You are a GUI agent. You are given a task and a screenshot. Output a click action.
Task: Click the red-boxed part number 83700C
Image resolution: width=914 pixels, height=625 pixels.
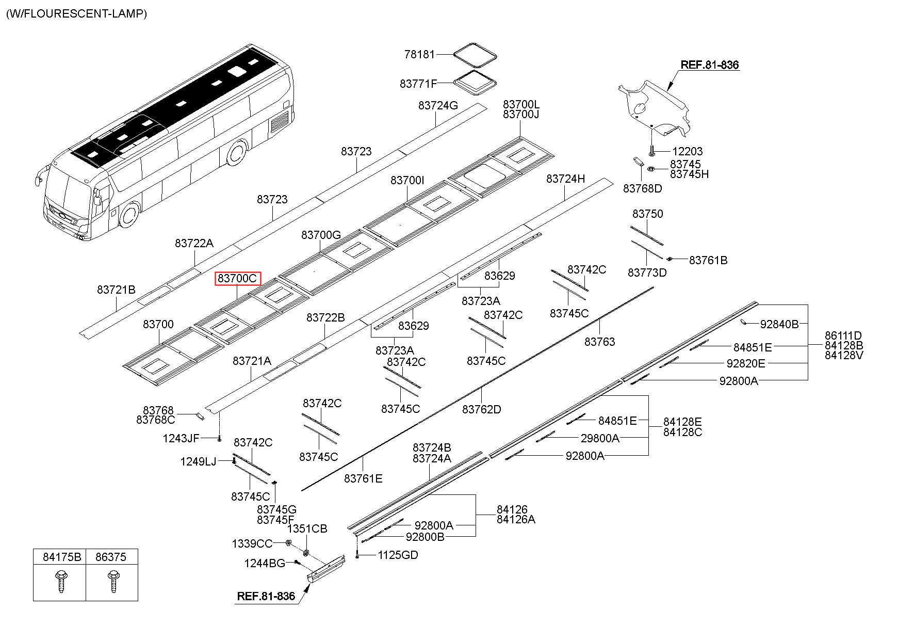(238, 279)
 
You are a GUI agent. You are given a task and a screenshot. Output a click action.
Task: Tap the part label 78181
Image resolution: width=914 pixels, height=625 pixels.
(420, 54)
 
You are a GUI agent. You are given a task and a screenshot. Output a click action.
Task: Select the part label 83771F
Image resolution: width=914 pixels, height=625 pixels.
(418, 83)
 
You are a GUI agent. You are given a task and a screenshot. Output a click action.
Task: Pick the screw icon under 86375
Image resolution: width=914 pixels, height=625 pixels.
(112, 582)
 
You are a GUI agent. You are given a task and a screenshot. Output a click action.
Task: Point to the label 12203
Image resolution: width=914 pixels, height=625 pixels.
(687, 151)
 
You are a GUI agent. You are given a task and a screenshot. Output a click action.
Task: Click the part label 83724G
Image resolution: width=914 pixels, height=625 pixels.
(438, 105)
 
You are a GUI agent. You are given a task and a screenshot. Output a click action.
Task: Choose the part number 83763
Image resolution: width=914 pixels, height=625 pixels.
(600, 342)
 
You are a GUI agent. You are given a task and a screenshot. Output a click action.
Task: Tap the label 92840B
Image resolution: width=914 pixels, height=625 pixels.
(779, 324)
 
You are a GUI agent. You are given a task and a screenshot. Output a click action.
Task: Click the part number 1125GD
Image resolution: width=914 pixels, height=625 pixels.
(398, 555)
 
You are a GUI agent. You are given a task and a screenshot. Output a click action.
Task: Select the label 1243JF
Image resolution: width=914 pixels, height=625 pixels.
(181, 439)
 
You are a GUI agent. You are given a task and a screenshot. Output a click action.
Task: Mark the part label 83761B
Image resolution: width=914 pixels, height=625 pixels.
(708, 261)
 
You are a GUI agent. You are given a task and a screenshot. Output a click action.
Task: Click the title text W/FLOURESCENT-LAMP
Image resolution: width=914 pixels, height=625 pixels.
(76, 14)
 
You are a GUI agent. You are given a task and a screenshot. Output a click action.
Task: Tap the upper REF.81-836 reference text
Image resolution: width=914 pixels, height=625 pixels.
(710, 65)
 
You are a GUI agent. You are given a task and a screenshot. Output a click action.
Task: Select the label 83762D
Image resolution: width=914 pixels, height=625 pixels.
(482, 409)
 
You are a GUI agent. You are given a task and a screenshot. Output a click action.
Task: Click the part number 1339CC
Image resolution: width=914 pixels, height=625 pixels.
(252, 543)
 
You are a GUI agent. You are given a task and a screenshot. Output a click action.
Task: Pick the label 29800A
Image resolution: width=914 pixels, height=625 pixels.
(600, 438)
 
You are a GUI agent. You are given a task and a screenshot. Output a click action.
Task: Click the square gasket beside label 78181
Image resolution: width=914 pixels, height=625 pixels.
(475, 54)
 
